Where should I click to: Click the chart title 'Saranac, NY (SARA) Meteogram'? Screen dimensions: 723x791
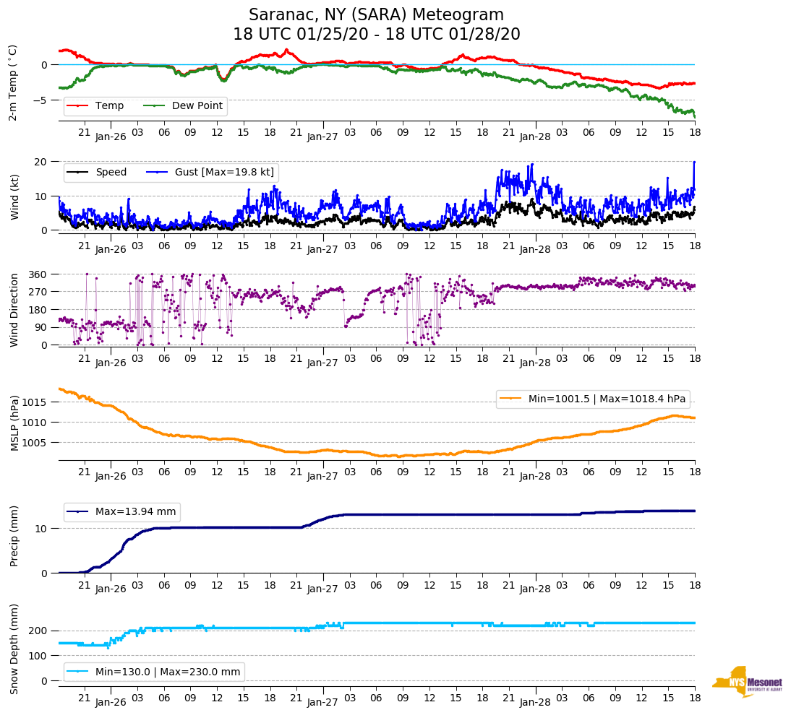click(x=376, y=15)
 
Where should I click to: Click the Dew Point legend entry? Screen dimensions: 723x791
click(x=197, y=106)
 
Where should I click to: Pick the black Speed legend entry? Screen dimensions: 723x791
click(x=111, y=173)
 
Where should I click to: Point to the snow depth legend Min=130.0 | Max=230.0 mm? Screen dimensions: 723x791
click(x=168, y=672)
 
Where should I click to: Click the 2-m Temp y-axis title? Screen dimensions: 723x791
click(x=12, y=82)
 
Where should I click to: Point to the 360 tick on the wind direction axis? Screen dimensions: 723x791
click(x=38, y=274)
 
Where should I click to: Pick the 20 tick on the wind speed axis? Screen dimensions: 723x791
click(x=42, y=162)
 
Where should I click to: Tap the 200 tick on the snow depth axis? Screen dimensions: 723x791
click(x=38, y=631)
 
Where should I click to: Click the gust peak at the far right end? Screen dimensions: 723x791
click(x=694, y=163)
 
